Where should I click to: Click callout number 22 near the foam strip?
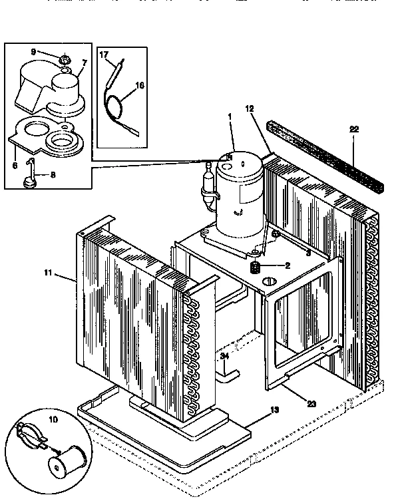[x=353, y=129]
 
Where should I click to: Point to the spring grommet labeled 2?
[x=254, y=267]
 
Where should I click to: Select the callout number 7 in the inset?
[x=85, y=63]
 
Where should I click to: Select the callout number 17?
[x=103, y=57]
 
